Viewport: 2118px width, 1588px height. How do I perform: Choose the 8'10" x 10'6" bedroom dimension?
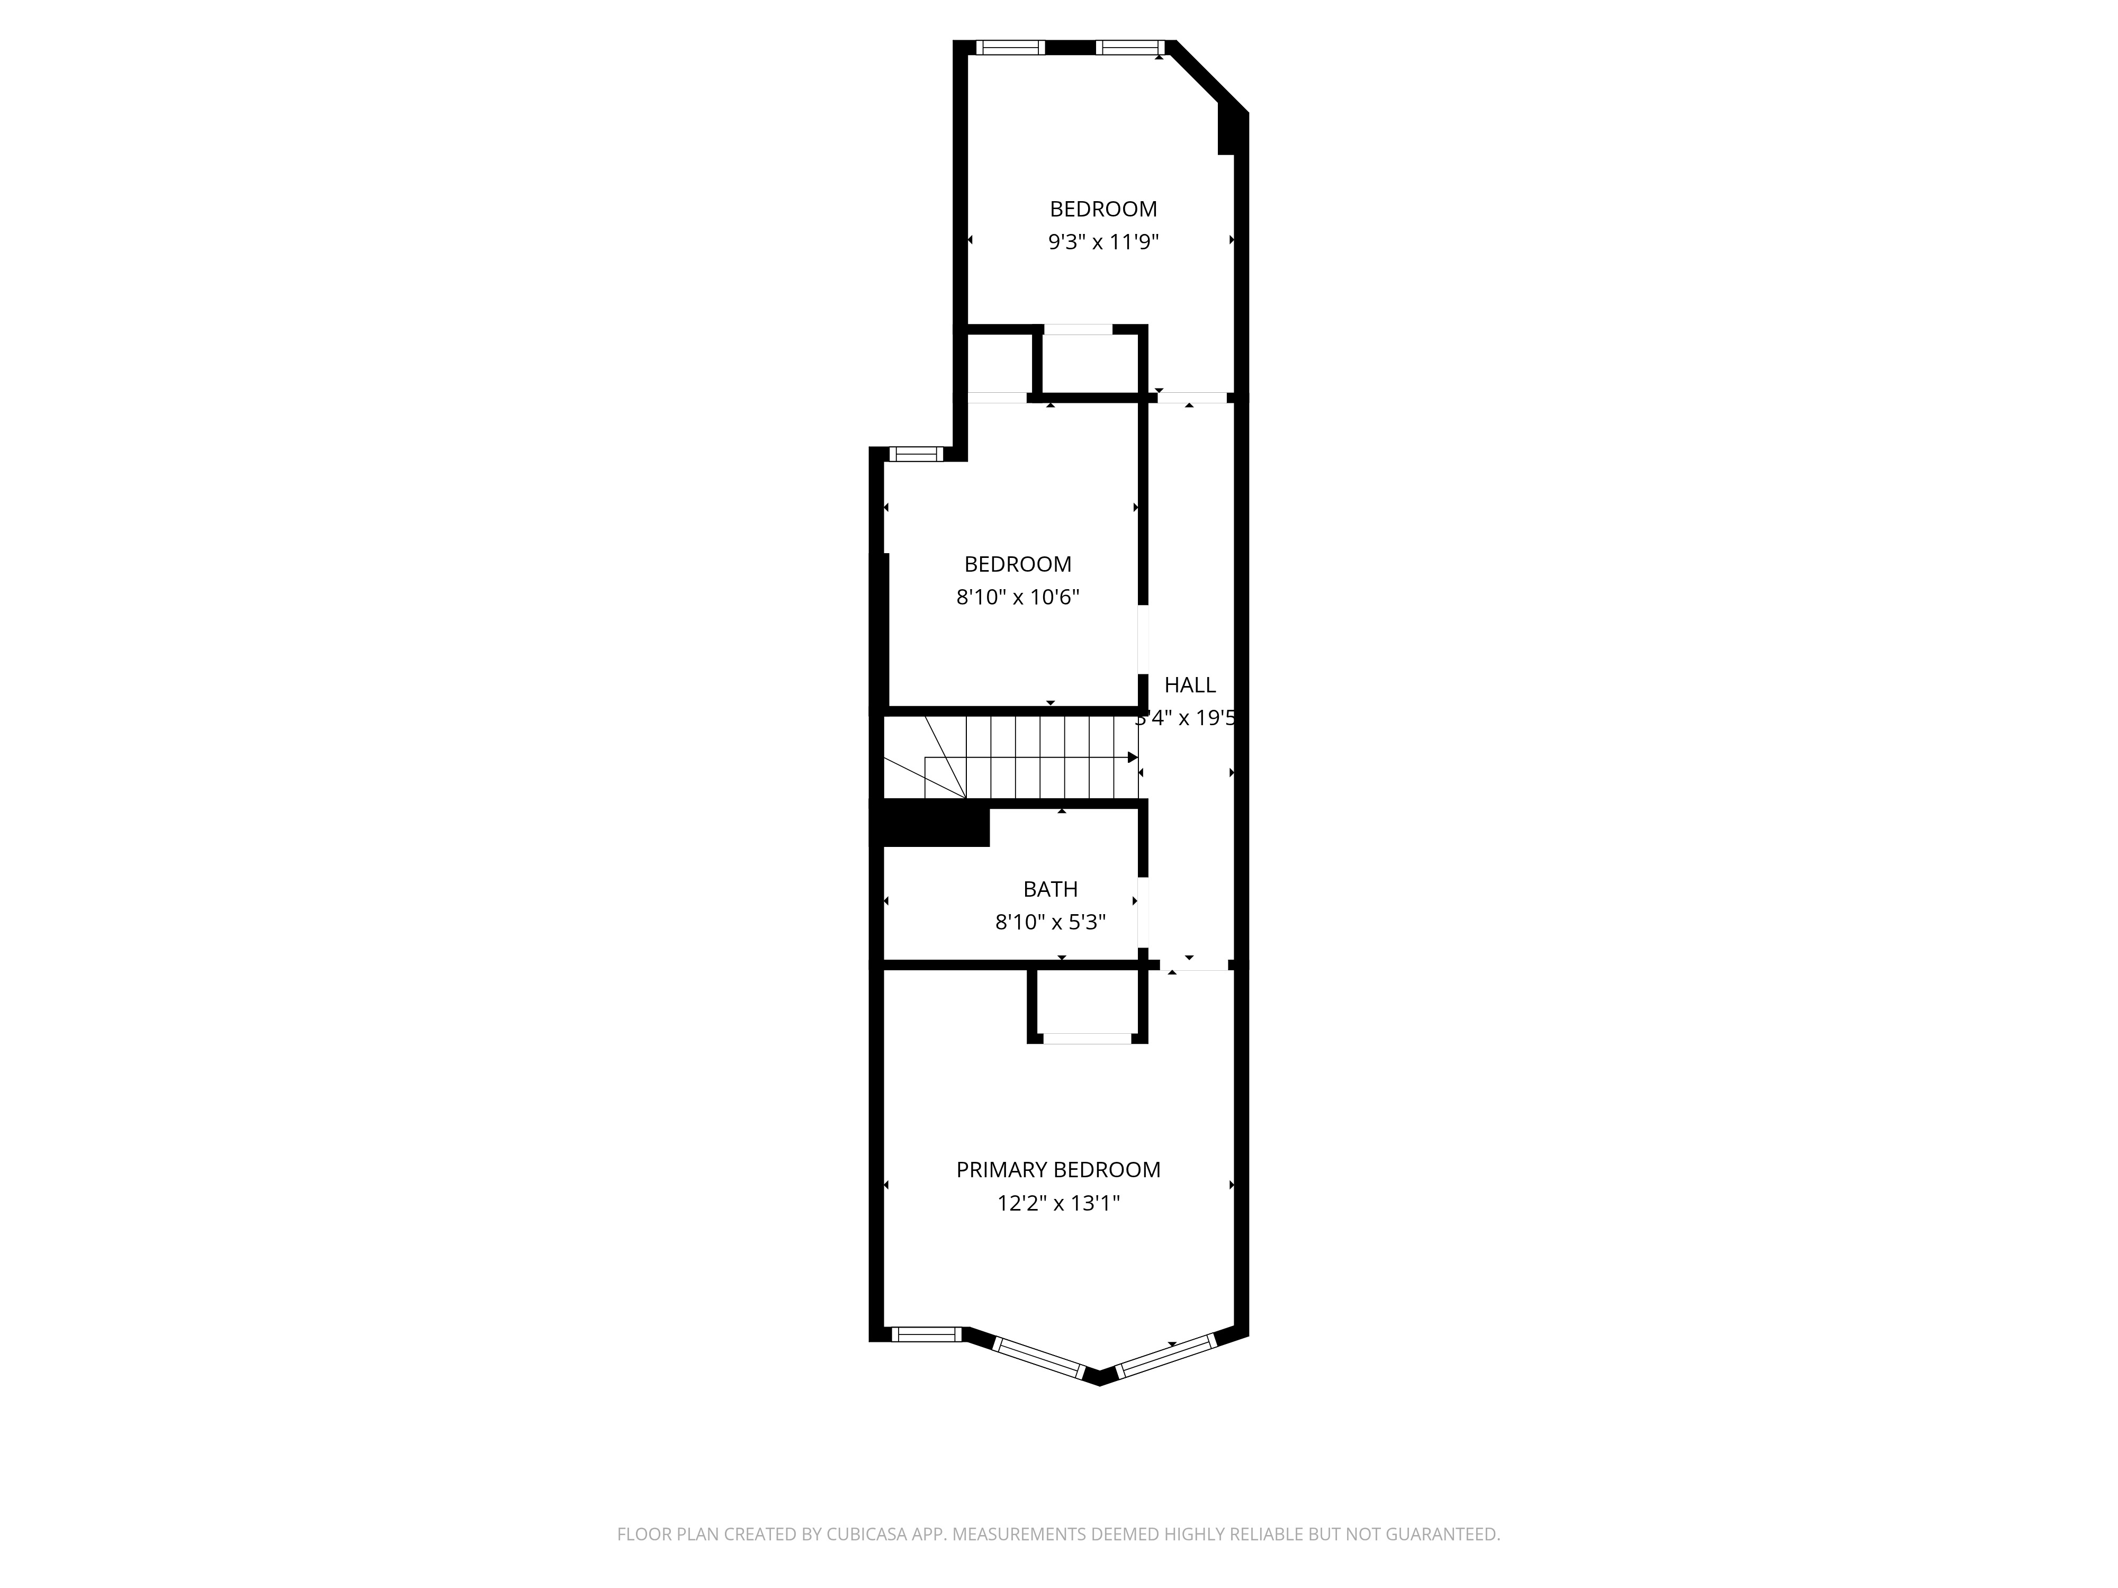1018,597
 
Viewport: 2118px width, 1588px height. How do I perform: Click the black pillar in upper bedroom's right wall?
1226,129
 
